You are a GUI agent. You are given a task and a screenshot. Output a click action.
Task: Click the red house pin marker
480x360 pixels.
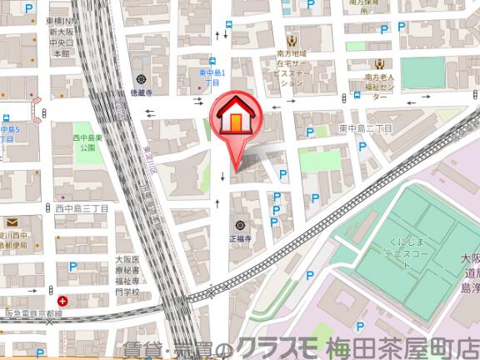(x=237, y=119)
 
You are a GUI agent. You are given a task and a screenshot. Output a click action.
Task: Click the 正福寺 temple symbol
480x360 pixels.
(x=240, y=225)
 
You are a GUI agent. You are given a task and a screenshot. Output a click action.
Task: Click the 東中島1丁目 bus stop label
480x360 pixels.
(x=211, y=78)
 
